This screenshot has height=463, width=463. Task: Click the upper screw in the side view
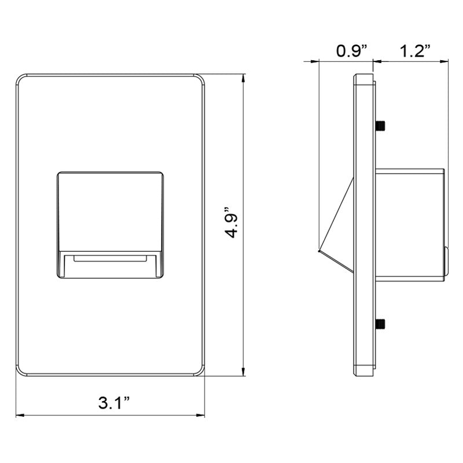(381, 125)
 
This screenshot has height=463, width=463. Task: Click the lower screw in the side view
(381, 324)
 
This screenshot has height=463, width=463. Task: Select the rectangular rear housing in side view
(409, 223)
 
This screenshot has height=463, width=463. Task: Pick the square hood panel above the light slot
(109, 211)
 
